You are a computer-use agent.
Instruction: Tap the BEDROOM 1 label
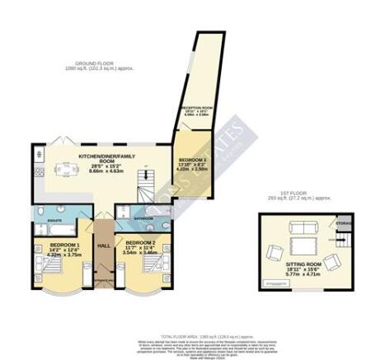(63, 245)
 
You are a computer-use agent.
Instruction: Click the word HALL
(104, 245)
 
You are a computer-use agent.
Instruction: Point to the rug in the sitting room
(302, 246)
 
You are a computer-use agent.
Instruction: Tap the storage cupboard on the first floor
(341, 223)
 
